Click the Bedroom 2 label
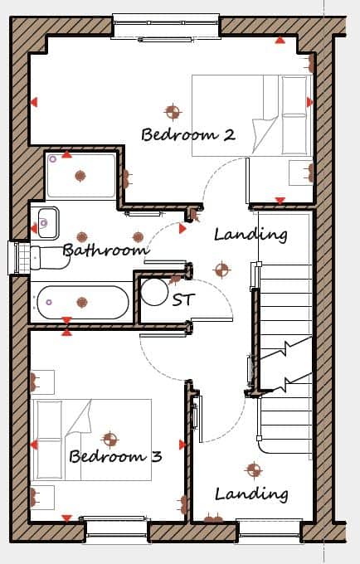188,134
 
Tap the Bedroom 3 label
115,456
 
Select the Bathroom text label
105,250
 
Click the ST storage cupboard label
183,299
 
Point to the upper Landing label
251,235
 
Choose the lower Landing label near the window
251,494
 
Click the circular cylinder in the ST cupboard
154,292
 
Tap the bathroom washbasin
48,223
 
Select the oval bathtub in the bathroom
83,302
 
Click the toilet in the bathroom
49,257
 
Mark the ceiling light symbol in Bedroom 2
173,112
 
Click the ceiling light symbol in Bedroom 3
110,440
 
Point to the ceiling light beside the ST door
221,270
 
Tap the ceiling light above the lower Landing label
254,469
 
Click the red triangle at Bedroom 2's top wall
280,41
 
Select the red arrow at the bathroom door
182,228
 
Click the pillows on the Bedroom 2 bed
294,114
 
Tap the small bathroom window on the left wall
15,258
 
